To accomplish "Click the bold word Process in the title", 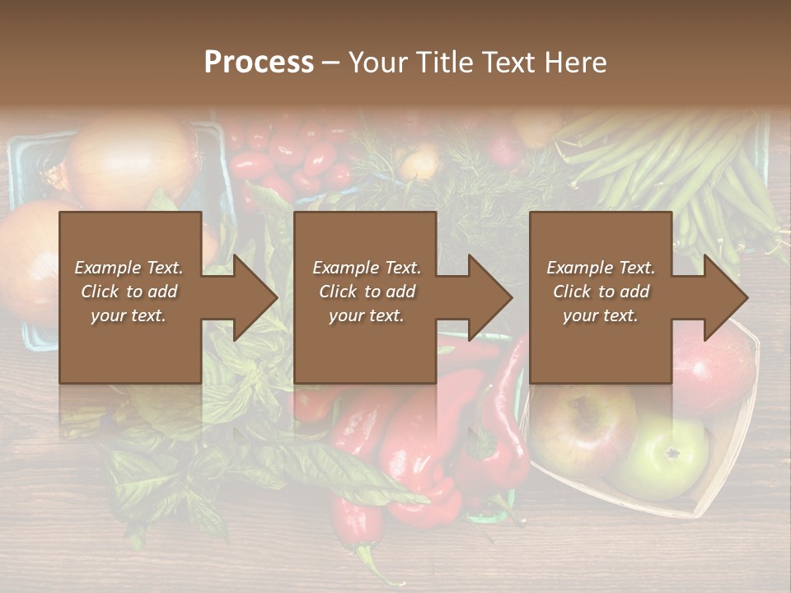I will click(x=259, y=63).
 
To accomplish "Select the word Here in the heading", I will click(x=574, y=63).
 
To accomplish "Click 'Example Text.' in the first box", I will click(x=129, y=268).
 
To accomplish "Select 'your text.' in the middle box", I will click(x=366, y=315).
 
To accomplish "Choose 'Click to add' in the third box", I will click(x=601, y=292).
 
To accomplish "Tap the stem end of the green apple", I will click(x=672, y=452).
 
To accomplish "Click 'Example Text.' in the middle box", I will click(x=366, y=268).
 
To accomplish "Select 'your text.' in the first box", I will click(x=129, y=315).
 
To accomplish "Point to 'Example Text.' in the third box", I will click(x=601, y=268).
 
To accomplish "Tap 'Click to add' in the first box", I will click(x=129, y=292).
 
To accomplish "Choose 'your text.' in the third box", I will click(x=601, y=315).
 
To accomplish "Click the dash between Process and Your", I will click(x=330, y=63).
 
